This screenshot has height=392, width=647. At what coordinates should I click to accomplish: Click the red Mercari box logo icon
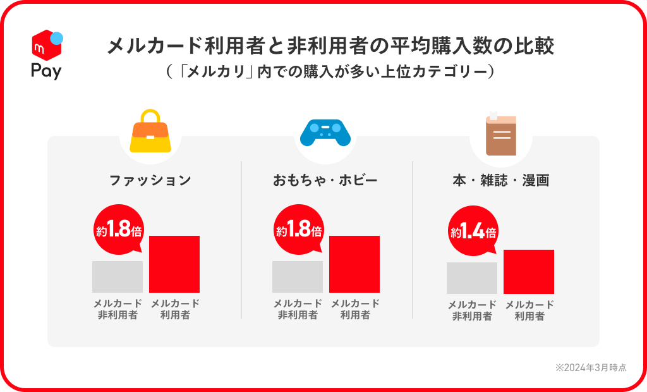(46, 45)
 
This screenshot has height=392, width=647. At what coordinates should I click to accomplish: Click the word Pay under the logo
(46, 71)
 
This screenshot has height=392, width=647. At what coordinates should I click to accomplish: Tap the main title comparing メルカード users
(330, 46)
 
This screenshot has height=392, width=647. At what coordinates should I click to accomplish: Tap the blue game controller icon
(325, 132)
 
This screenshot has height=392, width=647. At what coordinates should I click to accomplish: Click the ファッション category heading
(150, 180)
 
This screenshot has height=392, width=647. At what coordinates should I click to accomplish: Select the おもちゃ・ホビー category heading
(325, 180)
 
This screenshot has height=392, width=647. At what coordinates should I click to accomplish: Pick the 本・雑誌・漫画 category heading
(500, 180)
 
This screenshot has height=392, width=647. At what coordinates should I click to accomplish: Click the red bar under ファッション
(174, 264)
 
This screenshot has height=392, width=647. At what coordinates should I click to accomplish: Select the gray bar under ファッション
(118, 277)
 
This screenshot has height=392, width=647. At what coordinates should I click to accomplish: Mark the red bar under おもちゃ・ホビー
(354, 264)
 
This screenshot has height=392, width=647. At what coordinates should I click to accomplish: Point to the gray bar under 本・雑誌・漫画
(472, 278)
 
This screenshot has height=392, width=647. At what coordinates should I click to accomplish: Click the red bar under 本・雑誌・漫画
(529, 272)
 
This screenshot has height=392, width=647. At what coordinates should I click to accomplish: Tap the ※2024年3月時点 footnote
(591, 367)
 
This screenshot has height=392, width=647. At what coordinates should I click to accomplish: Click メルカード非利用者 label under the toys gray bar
(298, 309)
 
